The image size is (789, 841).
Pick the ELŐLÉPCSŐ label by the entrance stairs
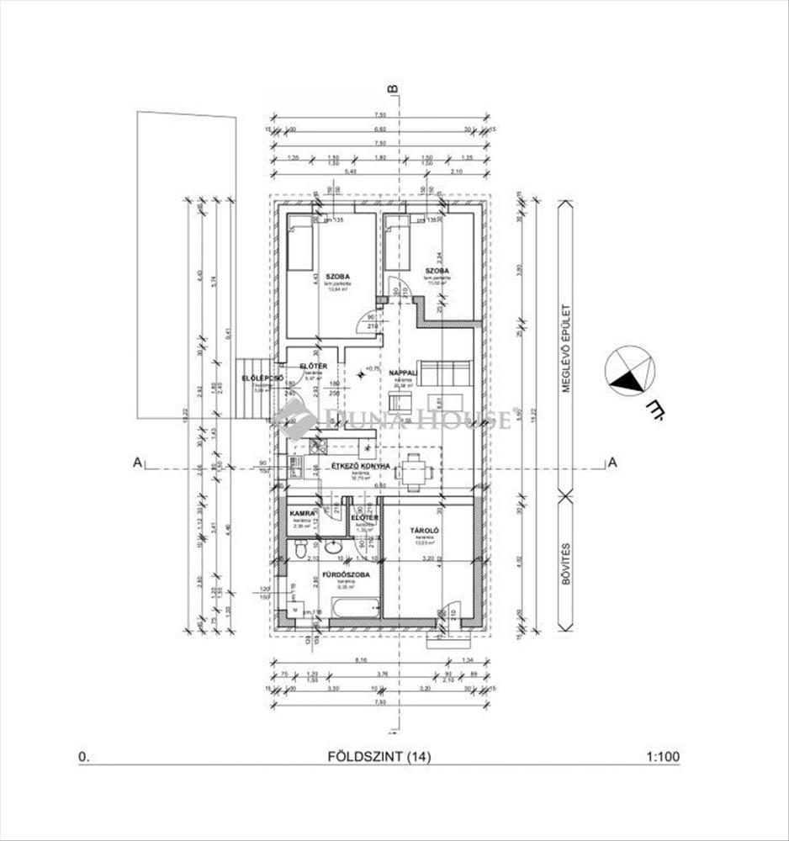click(x=256, y=378)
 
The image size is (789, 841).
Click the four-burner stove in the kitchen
click(x=318, y=447)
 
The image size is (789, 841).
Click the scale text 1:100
click(x=663, y=757)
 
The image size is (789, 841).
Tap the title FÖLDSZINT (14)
click(x=379, y=757)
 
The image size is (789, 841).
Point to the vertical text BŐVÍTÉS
click(x=568, y=563)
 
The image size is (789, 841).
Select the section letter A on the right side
click(x=612, y=462)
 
